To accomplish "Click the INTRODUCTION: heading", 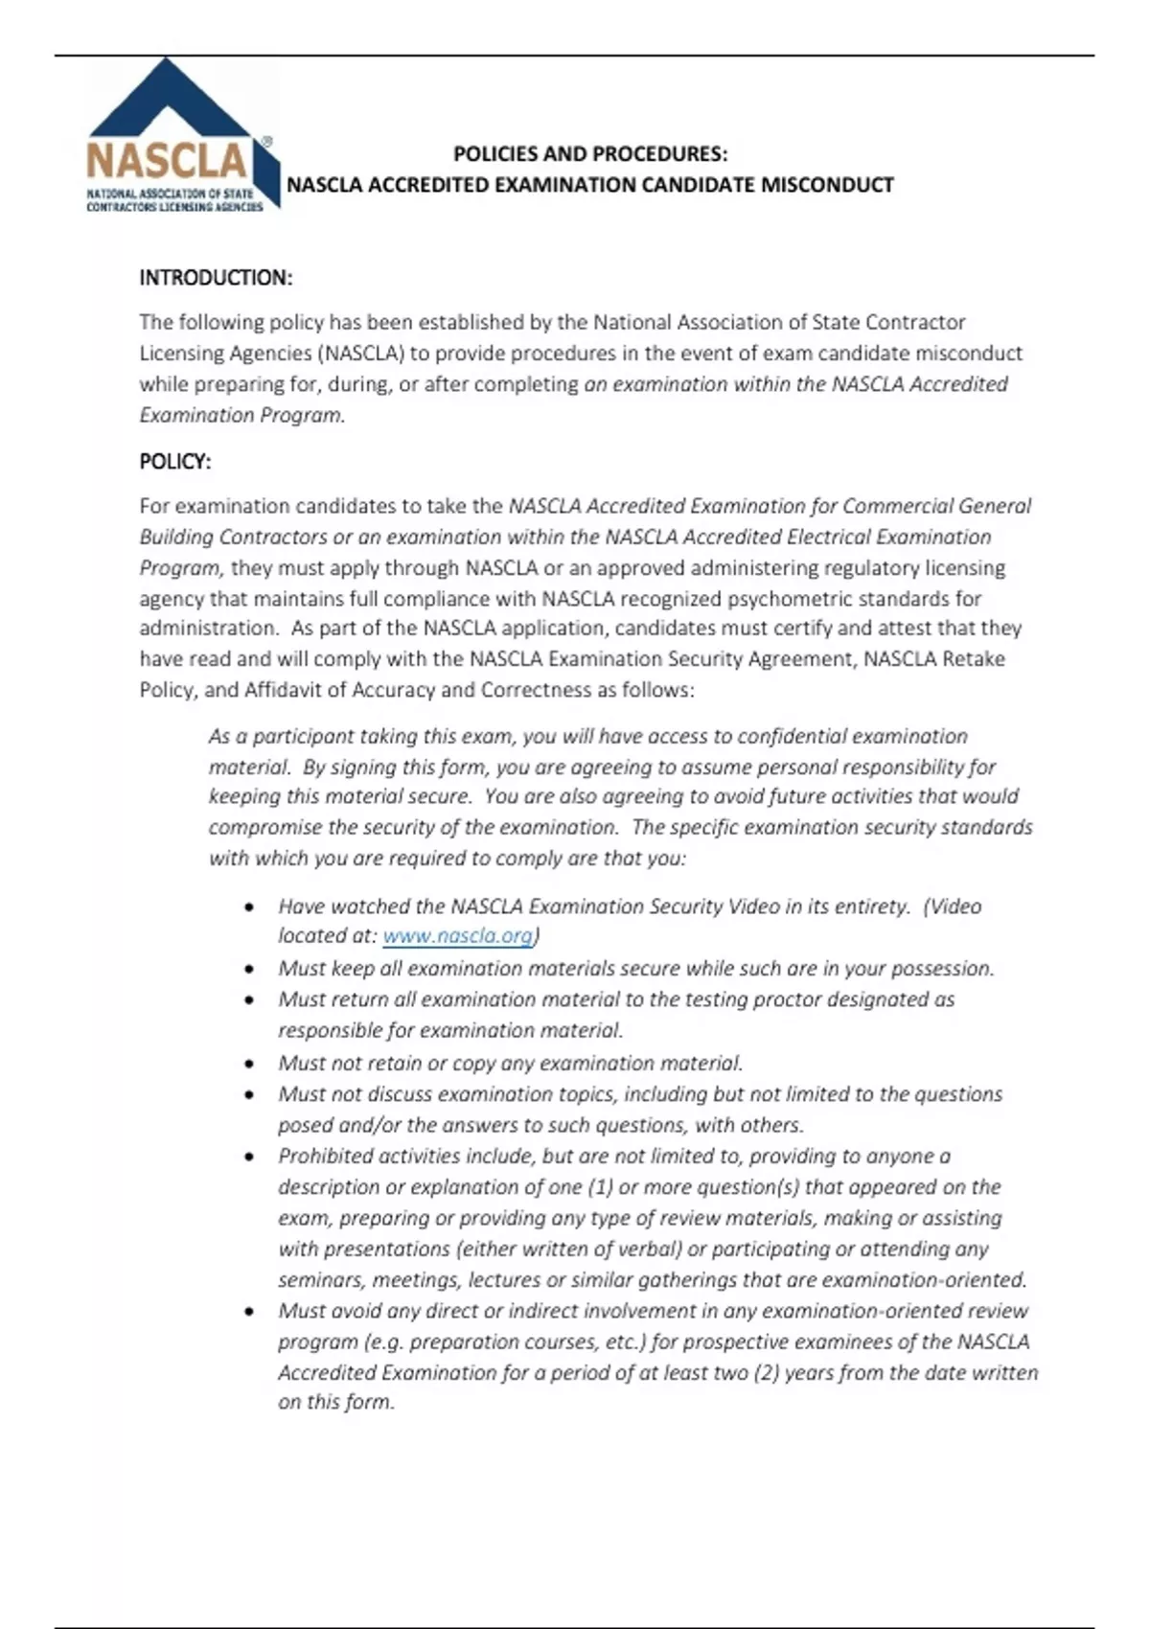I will (216, 278).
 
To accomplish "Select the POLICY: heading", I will (175, 462).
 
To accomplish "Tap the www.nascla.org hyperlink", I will (457, 936).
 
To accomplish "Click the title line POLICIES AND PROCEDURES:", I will (589, 154).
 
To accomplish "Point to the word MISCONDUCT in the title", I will (827, 185).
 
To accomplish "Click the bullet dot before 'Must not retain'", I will (250, 1064).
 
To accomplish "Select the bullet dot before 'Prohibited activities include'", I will (250, 1157).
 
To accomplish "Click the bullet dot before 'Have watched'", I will (250, 906).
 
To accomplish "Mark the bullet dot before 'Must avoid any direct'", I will (250, 1311).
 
